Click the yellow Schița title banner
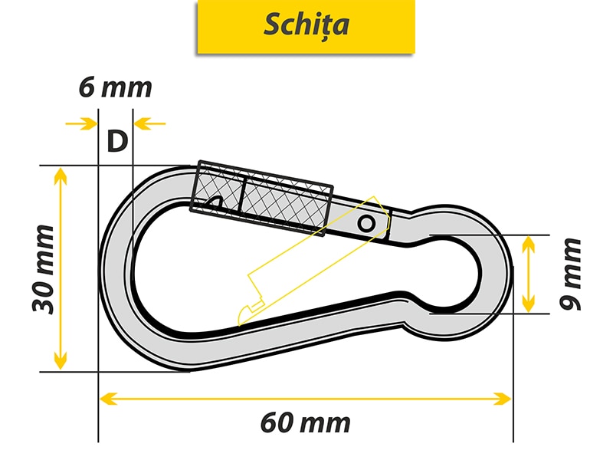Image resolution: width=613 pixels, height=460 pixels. [x=306, y=26]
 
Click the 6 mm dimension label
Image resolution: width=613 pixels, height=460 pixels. [x=116, y=87]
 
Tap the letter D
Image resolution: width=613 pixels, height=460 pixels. [x=117, y=141]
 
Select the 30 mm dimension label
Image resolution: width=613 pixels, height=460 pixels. [x=44, y=270]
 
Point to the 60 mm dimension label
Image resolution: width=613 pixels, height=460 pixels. [x=305, y=423]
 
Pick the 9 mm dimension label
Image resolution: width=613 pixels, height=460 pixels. [x=570, y=274]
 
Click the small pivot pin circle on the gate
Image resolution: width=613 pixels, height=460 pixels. [x=366, y=224]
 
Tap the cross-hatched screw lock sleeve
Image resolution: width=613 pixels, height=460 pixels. [x=261, y=198]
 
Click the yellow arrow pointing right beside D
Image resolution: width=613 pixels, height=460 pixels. [x=81, y=123]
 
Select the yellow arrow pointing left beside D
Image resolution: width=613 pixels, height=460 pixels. [x=149, y=123]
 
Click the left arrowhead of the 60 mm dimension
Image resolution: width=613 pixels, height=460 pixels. [x=108, y=399]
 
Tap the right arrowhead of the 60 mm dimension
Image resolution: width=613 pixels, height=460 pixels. [x=503, y=399]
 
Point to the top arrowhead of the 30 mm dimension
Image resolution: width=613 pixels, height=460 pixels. [x=60, y=176]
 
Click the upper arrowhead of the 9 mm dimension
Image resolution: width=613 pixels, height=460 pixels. [x=528, y=244]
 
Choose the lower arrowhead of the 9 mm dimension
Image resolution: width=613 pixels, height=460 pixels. [x=528, y=304]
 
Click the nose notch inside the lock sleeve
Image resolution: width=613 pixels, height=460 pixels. [x=215, y=202]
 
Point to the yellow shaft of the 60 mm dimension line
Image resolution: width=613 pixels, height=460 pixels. [x=305, y=399]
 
